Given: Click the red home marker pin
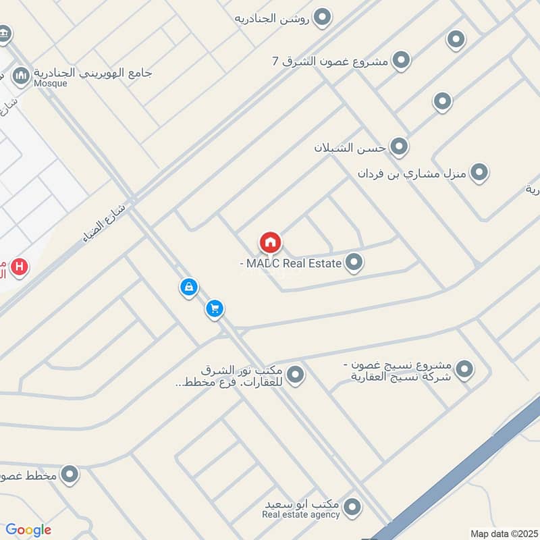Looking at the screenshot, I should click(x=270, y=242).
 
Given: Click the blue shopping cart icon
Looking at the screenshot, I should click(x=215, y=309).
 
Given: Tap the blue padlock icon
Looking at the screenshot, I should click(x=189, y=288).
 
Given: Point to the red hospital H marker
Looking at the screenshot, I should click(x=20, y=267).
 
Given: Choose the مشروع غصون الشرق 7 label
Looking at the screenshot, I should click(x=330, y=61).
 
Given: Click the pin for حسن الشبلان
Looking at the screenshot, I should click(x=399, y=146).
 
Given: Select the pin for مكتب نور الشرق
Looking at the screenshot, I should click(x=295, y=373).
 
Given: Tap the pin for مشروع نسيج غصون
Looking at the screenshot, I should click(x=464, y=369).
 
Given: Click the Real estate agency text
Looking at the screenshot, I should click(x=301, y=515).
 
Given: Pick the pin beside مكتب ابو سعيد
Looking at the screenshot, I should click(x=351, y=506).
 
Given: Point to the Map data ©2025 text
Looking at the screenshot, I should click(x=503, y=533).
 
